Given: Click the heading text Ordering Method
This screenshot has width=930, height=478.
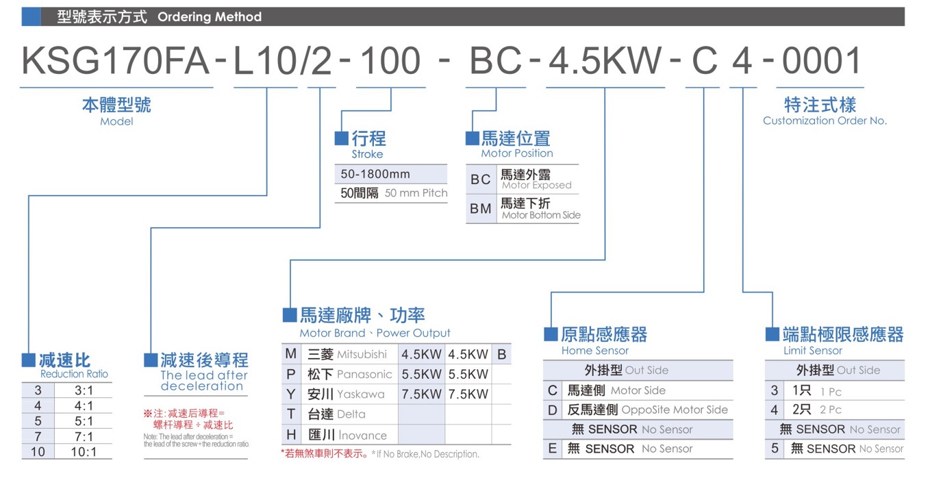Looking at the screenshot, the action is click(210, 16).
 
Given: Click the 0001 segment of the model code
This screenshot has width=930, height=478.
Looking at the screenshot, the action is click(821, 61).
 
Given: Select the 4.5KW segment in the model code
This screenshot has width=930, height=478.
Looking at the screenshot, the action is click(605, 61).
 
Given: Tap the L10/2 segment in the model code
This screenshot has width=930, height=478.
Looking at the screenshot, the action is click(283, 61).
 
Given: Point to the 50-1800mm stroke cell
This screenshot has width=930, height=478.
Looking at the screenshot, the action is click(375, 174).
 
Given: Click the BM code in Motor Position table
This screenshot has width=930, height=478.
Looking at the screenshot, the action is click(481, 208).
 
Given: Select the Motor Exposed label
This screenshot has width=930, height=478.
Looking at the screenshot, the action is click(536, 185).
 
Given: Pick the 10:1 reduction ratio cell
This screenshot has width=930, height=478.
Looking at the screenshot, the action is click(84, 452).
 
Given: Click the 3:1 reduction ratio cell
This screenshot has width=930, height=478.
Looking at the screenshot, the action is click(84, 390).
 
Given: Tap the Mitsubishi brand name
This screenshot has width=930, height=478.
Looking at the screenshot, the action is click(362, 354).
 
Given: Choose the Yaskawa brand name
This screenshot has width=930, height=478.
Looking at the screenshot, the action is click(361, 394).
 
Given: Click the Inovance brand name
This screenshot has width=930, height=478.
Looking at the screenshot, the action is click(362, 436).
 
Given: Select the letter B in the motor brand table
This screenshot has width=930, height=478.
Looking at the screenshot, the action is click(501, 354).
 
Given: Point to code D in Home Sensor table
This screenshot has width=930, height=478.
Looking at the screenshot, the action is click(552, 410).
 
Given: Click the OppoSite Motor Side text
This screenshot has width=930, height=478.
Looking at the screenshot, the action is click(675, 410).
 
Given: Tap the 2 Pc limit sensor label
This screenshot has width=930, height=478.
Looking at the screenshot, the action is click(830, 410).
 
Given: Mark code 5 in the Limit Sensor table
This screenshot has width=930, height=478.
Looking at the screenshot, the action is click(775, 449).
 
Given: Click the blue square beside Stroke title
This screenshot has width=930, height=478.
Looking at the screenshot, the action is click(341, 138).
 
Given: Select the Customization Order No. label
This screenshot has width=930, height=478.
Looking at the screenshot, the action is click(825, 121).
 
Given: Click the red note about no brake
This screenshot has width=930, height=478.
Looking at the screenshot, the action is click(325, 453).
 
